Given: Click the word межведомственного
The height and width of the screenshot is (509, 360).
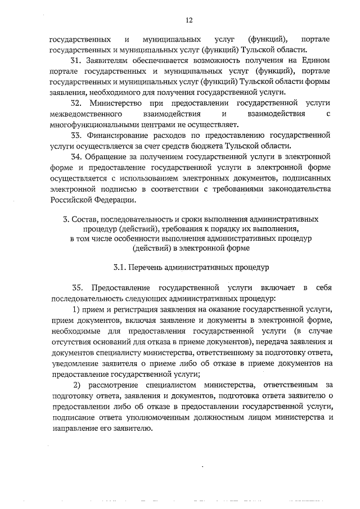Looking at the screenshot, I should [84, 114].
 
